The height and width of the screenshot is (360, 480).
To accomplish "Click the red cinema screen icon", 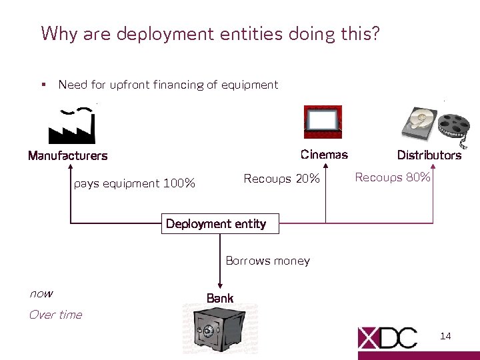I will coord(323,122).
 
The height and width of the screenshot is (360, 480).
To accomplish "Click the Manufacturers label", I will coord(67,156).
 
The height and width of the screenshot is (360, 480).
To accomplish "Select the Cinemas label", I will coord(324,155).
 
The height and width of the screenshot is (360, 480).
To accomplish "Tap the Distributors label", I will coord(429,155).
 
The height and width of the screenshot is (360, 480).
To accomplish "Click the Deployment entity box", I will coord(216,224).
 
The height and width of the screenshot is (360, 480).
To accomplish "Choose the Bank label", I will coord(220,298).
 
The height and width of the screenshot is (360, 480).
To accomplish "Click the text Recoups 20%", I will coord(282,179).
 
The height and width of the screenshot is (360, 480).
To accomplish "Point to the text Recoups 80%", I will coord(393,177).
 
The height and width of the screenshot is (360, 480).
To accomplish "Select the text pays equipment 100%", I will coord(135,183).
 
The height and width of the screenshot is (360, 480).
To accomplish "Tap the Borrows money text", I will coord(267,261).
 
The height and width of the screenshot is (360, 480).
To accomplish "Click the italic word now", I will coord(41,294).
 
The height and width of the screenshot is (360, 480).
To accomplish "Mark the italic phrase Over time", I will coord(55,315).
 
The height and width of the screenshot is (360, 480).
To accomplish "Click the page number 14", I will coord(445,336).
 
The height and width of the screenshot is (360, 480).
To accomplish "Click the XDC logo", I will coord(388,337).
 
